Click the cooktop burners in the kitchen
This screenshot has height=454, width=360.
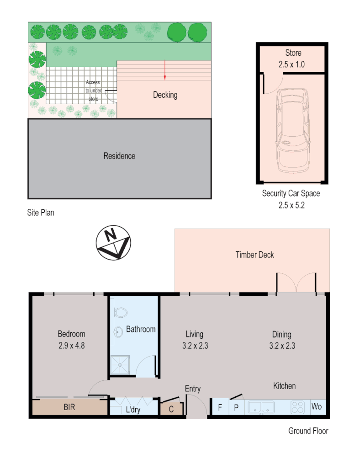(x=298, y=406)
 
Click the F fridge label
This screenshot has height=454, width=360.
(x=220, y=407)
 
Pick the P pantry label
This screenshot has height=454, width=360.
(x=236, y=407)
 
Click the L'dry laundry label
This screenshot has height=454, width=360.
(x=133, y=410)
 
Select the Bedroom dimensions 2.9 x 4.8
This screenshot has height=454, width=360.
(x=71, y=345)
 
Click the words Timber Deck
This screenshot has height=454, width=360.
(x=254, y=255)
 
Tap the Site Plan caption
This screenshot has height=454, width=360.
(x=41, y=213)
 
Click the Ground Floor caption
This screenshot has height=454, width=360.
(x=308, y=431)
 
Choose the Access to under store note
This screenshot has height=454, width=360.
(x=93, y=91)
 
